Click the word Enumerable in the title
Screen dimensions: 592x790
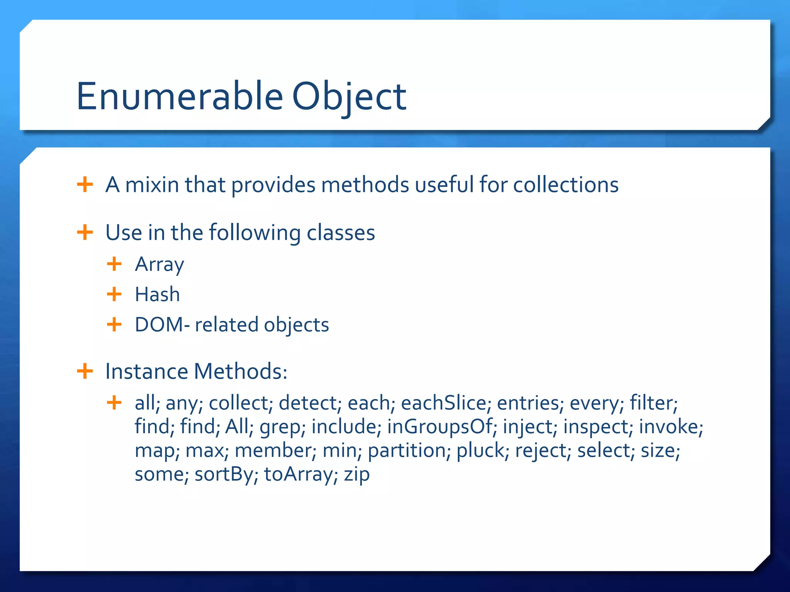[x=180, y=96]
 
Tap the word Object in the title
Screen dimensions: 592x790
[x=349, y=96]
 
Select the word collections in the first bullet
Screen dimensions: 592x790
[x=565, y=185]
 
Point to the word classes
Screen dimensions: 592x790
[x=341, y=233]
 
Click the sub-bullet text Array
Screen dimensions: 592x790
[x=159, y=265]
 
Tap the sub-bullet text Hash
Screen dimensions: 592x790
[x=157, y=294]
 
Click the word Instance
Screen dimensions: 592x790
[x=147, y=372]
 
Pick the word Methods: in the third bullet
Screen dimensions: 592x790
[x=240, y=372]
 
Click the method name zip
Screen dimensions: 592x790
[x=357, y=474]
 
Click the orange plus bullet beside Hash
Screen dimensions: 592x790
[x=114, y=294]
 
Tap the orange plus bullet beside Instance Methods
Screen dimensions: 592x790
[x=85, y=372]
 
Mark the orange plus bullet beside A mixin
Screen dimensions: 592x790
[x=85, y=185]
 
